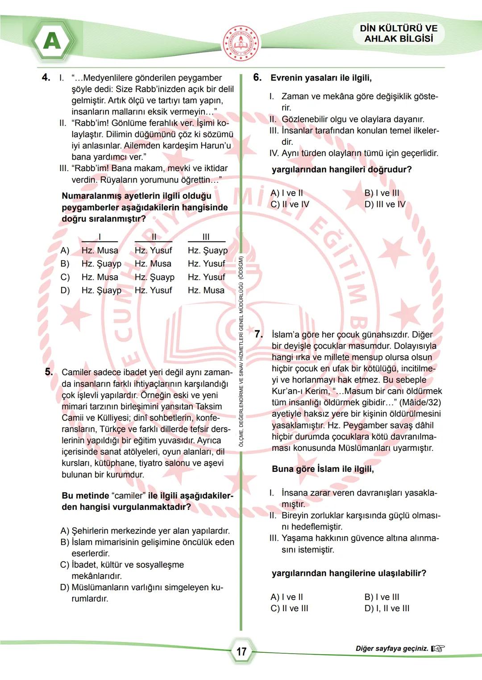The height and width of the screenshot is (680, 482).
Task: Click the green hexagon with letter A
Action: (x=52, y=42)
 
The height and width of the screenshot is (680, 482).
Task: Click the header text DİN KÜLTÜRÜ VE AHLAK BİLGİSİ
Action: (x=399, y=34)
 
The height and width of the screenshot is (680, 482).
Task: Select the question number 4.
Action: (x=46, y=77)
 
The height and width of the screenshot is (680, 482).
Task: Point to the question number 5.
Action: (x=49, y=372)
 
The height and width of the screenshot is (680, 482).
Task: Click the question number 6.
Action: (x=258, y=77)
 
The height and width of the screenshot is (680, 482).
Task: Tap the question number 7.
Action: (x=258, y=334)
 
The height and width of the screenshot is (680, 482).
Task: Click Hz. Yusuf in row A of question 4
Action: (x=153, y=250)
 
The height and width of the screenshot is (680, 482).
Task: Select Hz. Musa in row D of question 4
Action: (x=206, y=290)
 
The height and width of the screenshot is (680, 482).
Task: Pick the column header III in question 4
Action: (x=206, y=237)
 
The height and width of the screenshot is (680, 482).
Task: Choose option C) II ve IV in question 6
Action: (x=290, y=204)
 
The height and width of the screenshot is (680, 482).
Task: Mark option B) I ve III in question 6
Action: (x=382, y=193)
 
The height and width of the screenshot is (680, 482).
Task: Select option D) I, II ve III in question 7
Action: (x=386, y=608)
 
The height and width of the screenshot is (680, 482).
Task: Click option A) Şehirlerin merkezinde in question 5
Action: (x=145, y=531)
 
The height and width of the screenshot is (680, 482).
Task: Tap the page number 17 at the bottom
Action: (x=241, y=651)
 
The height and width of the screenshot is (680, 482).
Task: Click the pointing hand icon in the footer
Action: (x=438, y=648)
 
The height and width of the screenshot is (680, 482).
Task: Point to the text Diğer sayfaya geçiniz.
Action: (x=391, y=648)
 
